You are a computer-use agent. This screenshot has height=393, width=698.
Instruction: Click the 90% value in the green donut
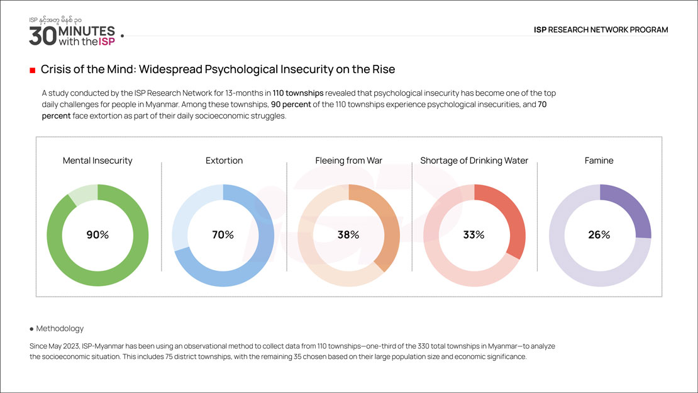coord(97,235)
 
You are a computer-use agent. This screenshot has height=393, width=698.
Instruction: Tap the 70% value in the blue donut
coord(223,235)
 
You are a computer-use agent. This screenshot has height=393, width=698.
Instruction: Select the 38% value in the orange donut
coord(348,235)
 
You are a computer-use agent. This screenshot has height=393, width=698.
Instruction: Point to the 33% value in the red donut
coord(474,235)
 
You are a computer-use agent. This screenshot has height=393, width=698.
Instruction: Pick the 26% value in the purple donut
coord(599,235)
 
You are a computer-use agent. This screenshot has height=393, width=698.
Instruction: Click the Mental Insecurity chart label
coord(97,161)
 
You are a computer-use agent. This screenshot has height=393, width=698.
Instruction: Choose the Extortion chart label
coord(224,161)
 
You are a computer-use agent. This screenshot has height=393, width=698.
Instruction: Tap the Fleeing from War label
coord(348,161)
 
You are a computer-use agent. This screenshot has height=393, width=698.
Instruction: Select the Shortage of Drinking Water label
coord(474,161)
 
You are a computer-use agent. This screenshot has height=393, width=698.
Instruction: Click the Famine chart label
coord(599,161)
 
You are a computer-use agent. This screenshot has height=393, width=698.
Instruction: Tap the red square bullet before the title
coord(32,70)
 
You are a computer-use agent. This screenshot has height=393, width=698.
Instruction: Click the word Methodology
coord(60,329)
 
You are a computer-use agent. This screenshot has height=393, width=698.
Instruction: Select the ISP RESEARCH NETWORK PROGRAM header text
coord(601,30)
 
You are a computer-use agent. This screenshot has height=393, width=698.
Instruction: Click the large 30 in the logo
coord(42,36)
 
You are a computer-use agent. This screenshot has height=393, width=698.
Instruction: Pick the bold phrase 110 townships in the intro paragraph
coord(298,93)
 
